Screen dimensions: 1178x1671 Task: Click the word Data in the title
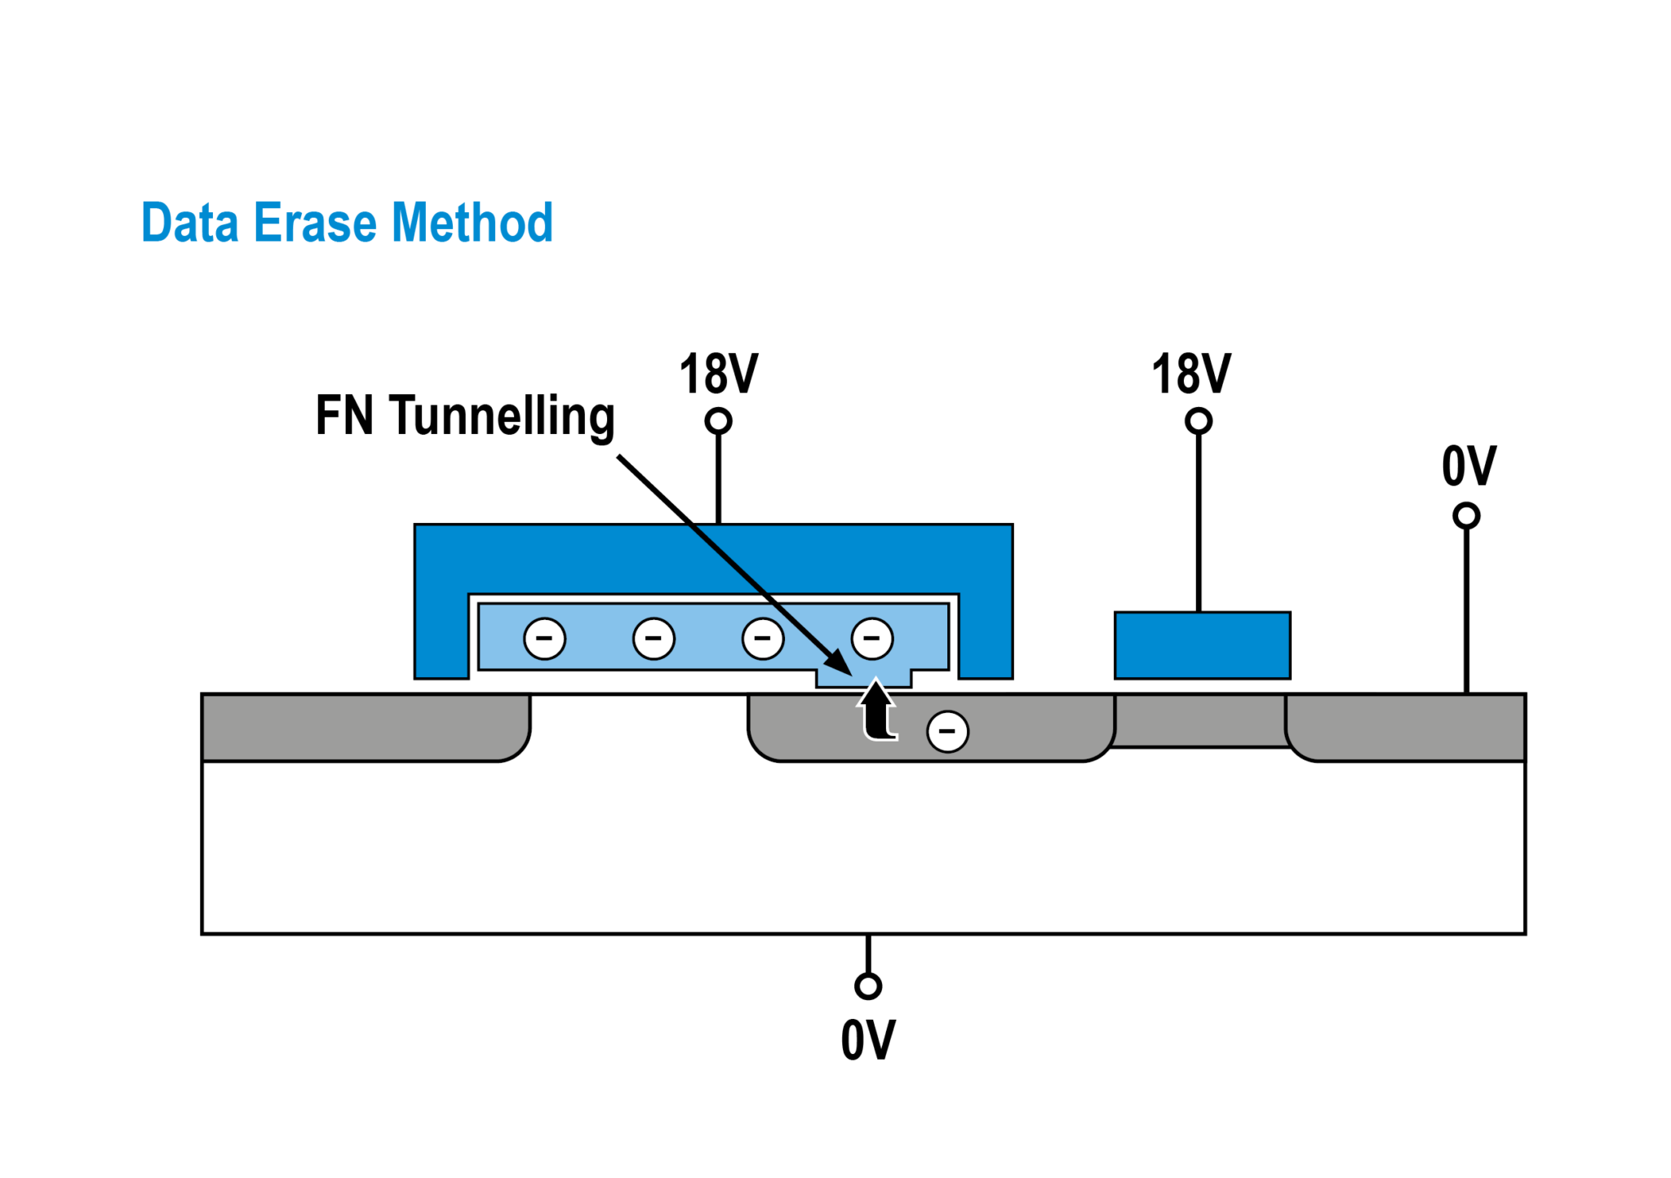coord(189,222)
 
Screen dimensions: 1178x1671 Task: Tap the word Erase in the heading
coord(315,222)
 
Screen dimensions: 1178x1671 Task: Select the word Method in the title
coord(472,222)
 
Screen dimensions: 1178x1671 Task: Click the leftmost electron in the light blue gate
coord(544,638)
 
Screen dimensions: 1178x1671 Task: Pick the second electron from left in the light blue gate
coord(654,638)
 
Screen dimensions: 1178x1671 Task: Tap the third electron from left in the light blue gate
coord(763,638)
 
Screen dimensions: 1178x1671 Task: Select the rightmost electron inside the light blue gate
coord(871,638)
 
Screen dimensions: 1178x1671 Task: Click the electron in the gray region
coord(947,731)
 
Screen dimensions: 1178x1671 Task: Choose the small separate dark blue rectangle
coord(1202,645)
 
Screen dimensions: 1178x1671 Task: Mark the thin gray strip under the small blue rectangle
coord(1199,721)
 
